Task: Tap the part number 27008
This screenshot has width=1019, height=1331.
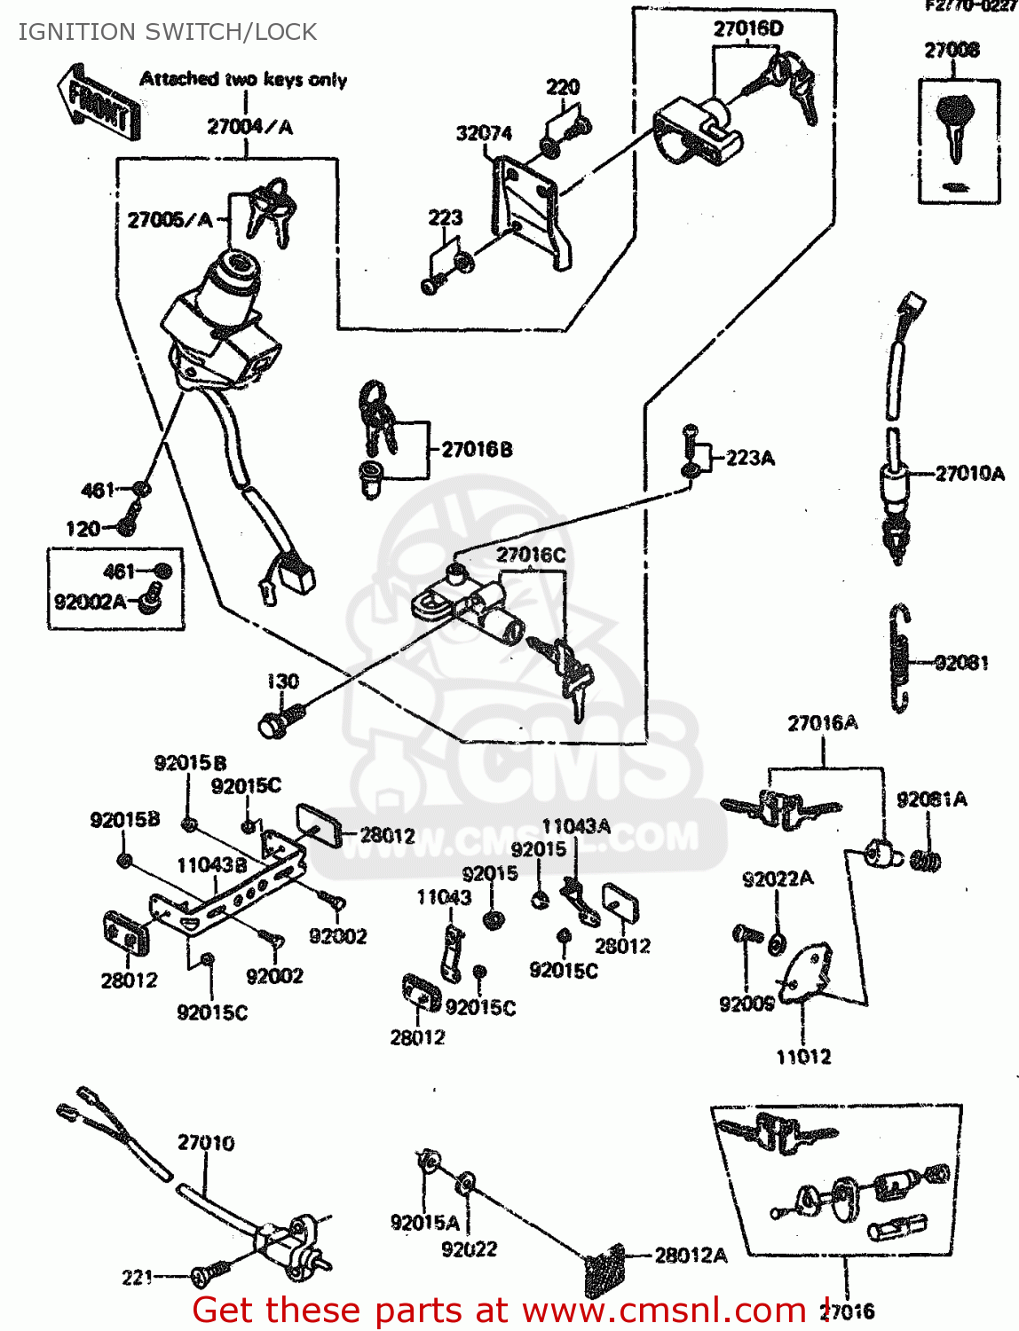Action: point(952,51)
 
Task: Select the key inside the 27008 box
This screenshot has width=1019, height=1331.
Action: point(954,124)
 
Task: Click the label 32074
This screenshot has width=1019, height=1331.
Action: point(484,134)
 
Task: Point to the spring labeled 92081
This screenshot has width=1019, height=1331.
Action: point(900,658)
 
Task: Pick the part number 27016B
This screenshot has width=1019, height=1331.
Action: point(477,450)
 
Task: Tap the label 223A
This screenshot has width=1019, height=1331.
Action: point(750,458)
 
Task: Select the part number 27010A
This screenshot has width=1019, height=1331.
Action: point(970,474)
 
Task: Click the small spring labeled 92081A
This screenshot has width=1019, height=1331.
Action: point(926,859)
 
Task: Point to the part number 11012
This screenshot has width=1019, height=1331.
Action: point(803,1057)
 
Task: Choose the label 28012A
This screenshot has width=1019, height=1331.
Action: point(691,1256)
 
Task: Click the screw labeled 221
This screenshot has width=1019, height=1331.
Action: point(207,1274)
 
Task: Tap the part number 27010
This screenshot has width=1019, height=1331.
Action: point(206,1143)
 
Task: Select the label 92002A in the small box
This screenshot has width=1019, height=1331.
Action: point(90,602)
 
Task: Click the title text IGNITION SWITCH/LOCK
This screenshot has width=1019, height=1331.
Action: point(168,32)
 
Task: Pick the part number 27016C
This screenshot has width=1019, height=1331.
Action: point(531,555)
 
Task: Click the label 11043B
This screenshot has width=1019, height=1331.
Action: point(212,865)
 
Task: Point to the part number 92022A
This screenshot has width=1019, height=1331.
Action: point(778,879)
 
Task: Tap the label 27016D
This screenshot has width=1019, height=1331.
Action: point(748,28)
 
